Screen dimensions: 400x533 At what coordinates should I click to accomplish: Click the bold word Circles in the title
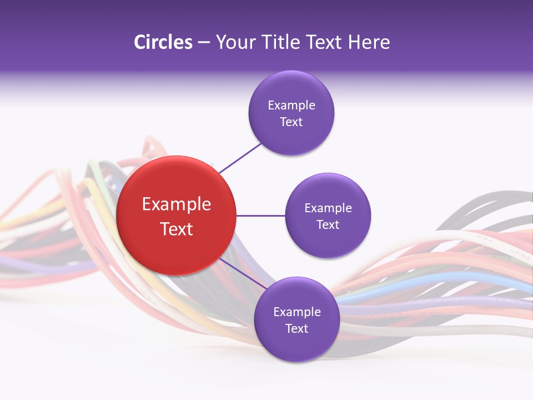pyautogui.click(x=163, y=42)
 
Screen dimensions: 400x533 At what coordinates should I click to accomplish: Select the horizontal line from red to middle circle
pyautogui.click(x=260, y=216)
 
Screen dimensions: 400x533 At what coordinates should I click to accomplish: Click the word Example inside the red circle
pyautogui.click(x=176, y=204)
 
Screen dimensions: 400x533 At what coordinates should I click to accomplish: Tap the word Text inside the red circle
pyautogui.click(x=176, y=229)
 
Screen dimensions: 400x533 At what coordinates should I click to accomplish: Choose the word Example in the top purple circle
pyautogui.click(x=291, y=106)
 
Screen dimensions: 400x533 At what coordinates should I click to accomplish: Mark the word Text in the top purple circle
pyautogui.click(x=291, y=122)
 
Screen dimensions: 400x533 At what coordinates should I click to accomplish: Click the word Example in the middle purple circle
pyautogui.click(x=328, y=208)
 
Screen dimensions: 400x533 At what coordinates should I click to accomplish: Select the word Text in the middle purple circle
pyautogui.click(x=328, y=224)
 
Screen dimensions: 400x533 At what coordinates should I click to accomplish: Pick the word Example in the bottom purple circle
pyautogui.click(x=296, y=312)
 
